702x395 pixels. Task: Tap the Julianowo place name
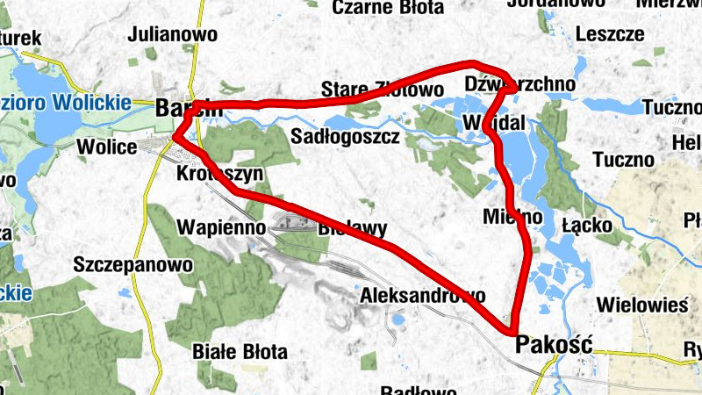172,35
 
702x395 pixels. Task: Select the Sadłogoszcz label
345,137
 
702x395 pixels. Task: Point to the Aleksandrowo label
422,296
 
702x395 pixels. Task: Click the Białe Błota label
240,353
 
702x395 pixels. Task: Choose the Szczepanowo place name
133,263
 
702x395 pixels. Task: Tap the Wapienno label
221,226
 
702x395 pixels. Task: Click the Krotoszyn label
219,174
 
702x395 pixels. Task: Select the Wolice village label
107,146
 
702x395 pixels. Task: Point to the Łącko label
589,225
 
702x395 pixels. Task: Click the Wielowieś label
641,305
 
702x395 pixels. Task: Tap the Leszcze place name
610,34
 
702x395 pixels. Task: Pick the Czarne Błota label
389,8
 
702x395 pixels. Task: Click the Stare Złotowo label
383,90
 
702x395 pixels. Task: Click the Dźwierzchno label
520,83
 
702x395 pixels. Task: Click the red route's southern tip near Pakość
511,331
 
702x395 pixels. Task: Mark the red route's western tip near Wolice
175,136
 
